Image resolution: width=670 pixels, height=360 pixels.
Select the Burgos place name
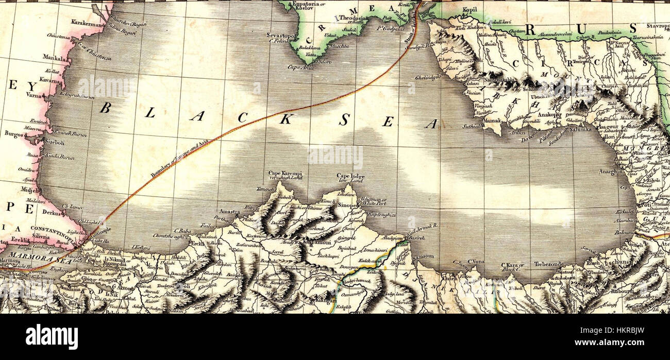[14, 133]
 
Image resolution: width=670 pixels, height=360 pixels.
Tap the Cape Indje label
[350, 176]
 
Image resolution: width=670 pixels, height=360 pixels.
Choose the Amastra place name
[230, 212]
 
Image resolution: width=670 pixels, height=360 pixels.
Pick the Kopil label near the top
[470, 9]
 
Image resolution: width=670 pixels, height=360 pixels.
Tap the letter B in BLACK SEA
[105, 108]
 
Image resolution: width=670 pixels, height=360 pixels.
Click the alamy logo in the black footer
[52, 337]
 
